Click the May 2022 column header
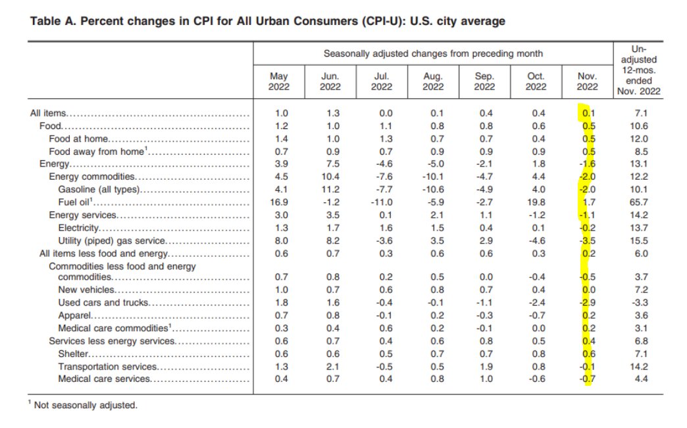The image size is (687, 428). pyautogui.click(x=279, y=82)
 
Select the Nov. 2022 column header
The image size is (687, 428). pyautogui.click(x=586, y=82)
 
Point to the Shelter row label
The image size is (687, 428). pyautogui.click(x=74, y=354)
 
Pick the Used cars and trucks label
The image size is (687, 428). pyautogui.click(x=103, y=303)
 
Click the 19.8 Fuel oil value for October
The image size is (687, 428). pyautogui.click(x=537, y=202)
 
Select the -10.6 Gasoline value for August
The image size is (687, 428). pyautogui.click(x=432, y=190)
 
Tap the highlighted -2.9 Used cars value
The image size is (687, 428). pyautogui.click(x=587, y=303)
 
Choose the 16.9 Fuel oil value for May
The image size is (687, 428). pyautogui.click(x=279, y=202)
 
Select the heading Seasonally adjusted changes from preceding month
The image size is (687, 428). pyautogui.click(x=433, y=53)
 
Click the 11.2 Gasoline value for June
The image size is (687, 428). pyautogui.click(x=330, y=190)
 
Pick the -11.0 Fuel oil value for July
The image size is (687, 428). pyautogui.click(x=382, y=202)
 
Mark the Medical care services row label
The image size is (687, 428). pyautogui.click(x=104, y=379)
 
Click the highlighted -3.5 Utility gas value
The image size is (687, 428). pyautogui.click(x=587, y=240)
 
